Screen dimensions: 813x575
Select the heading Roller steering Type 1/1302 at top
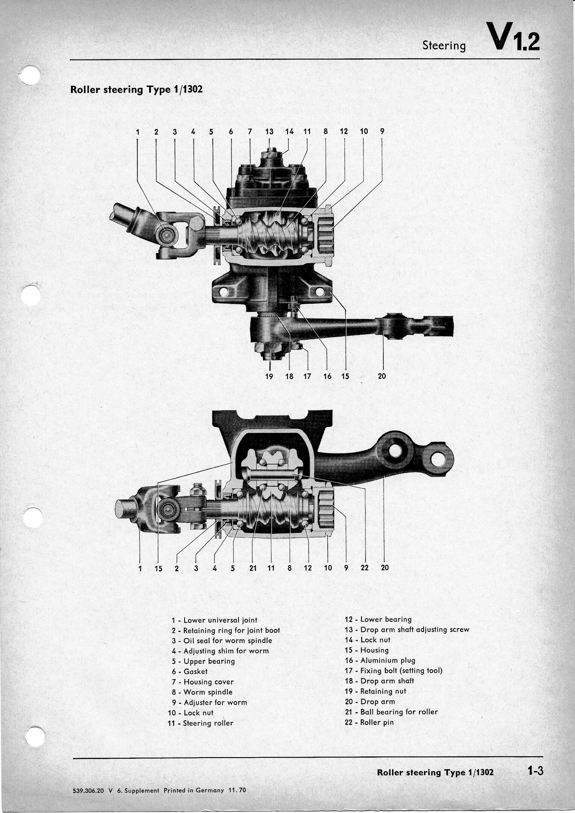136,89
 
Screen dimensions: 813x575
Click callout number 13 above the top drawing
269,132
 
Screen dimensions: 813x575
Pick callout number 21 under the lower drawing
252,568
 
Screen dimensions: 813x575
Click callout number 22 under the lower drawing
364,568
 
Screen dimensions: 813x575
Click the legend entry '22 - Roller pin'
369,722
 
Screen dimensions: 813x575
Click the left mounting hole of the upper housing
223,292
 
